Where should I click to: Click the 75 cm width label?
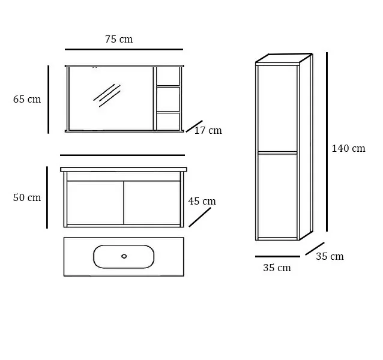click(x=119, y=39)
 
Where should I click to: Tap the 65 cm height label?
click(x=27, y=100)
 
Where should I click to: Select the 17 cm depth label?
click(x=208, y=131)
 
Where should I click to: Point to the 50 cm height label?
click(x=27, y=197)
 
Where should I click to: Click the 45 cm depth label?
click(x=202, y=202)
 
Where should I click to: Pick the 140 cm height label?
click(x=348, y=148)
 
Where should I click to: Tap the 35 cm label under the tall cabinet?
click(x=277, y=268)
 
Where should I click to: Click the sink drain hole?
click(x=124, y=256)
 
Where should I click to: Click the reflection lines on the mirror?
click(x=107, y=95)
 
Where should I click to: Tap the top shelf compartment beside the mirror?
click(x=168, y=76)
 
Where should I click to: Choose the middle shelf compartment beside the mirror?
click(x=168, y=99)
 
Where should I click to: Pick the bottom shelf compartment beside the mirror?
click(x=168, y=121)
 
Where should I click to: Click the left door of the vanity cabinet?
click(x=95, y=203)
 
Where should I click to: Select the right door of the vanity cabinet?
click(x=152, y=203)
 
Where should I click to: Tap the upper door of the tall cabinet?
click(x=277, y=109)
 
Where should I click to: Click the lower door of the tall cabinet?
click(x=277, y=196)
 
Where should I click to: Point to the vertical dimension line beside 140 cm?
click(x=327, y=142)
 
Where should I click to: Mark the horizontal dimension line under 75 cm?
click(x=124, y=49)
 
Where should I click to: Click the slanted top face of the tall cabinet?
click(x=284, y=58)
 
